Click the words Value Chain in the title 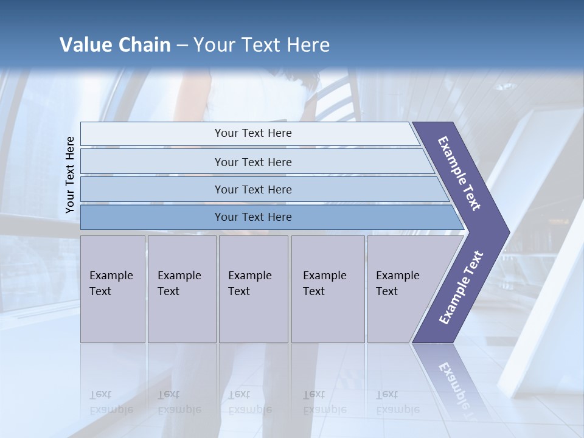[115, 45]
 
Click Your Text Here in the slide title [262, 45]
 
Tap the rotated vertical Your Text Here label [70, 175]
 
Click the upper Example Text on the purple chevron [459, 173]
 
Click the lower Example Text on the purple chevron [461, 288]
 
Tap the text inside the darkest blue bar [253, 217]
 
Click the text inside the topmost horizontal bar [253, 133]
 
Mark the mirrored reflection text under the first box [111, 402]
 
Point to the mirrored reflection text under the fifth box [397, 402]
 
